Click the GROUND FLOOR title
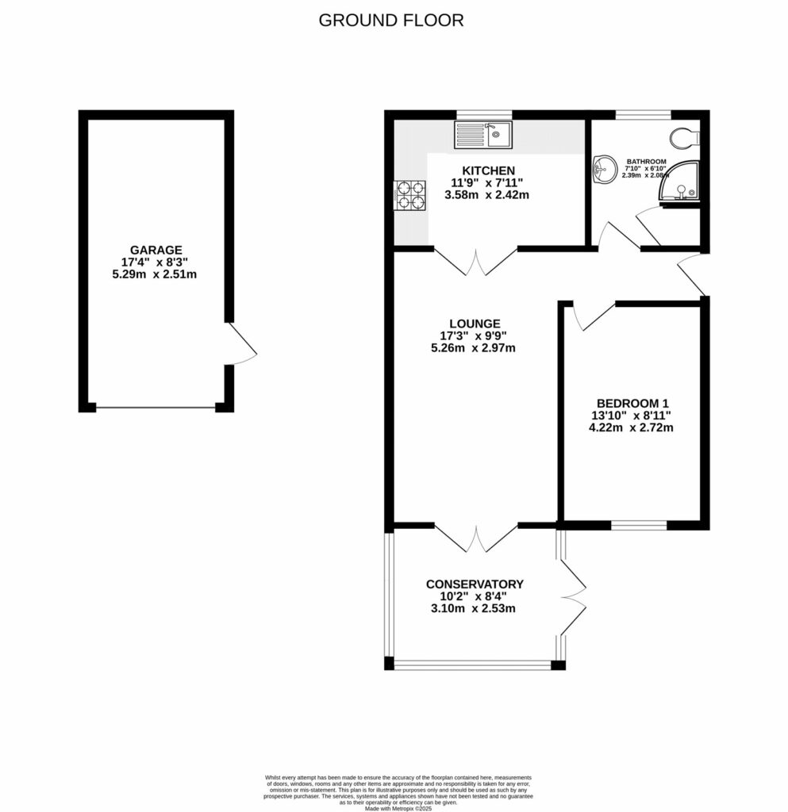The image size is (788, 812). click(x=391, y=21)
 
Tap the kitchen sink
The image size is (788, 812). click(x=483, y=135)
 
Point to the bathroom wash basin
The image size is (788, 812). click(x=605, y=168)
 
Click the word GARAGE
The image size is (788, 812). click(x=157, y=249)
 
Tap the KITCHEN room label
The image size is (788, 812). click(x=489, y=170)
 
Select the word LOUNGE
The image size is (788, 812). click(x=475, y=324)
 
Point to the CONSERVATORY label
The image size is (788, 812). click(x=475, y=584)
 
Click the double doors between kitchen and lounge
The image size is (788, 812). click(x=476, y=262)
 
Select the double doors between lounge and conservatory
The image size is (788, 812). click(x=476, y=538)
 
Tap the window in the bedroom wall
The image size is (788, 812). click(x=639, y=524)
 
